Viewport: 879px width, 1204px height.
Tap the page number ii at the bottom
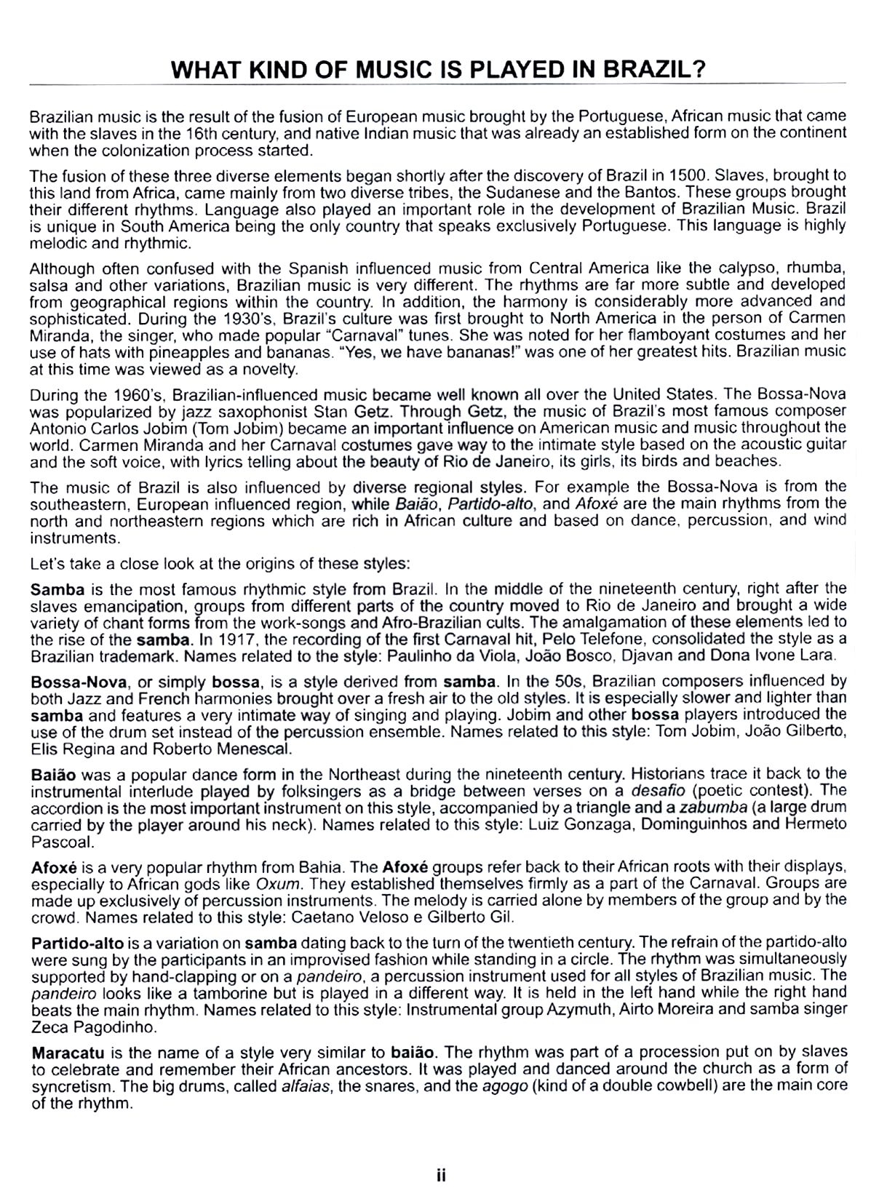440,1176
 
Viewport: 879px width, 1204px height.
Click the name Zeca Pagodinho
94,1026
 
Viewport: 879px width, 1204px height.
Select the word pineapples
260,352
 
